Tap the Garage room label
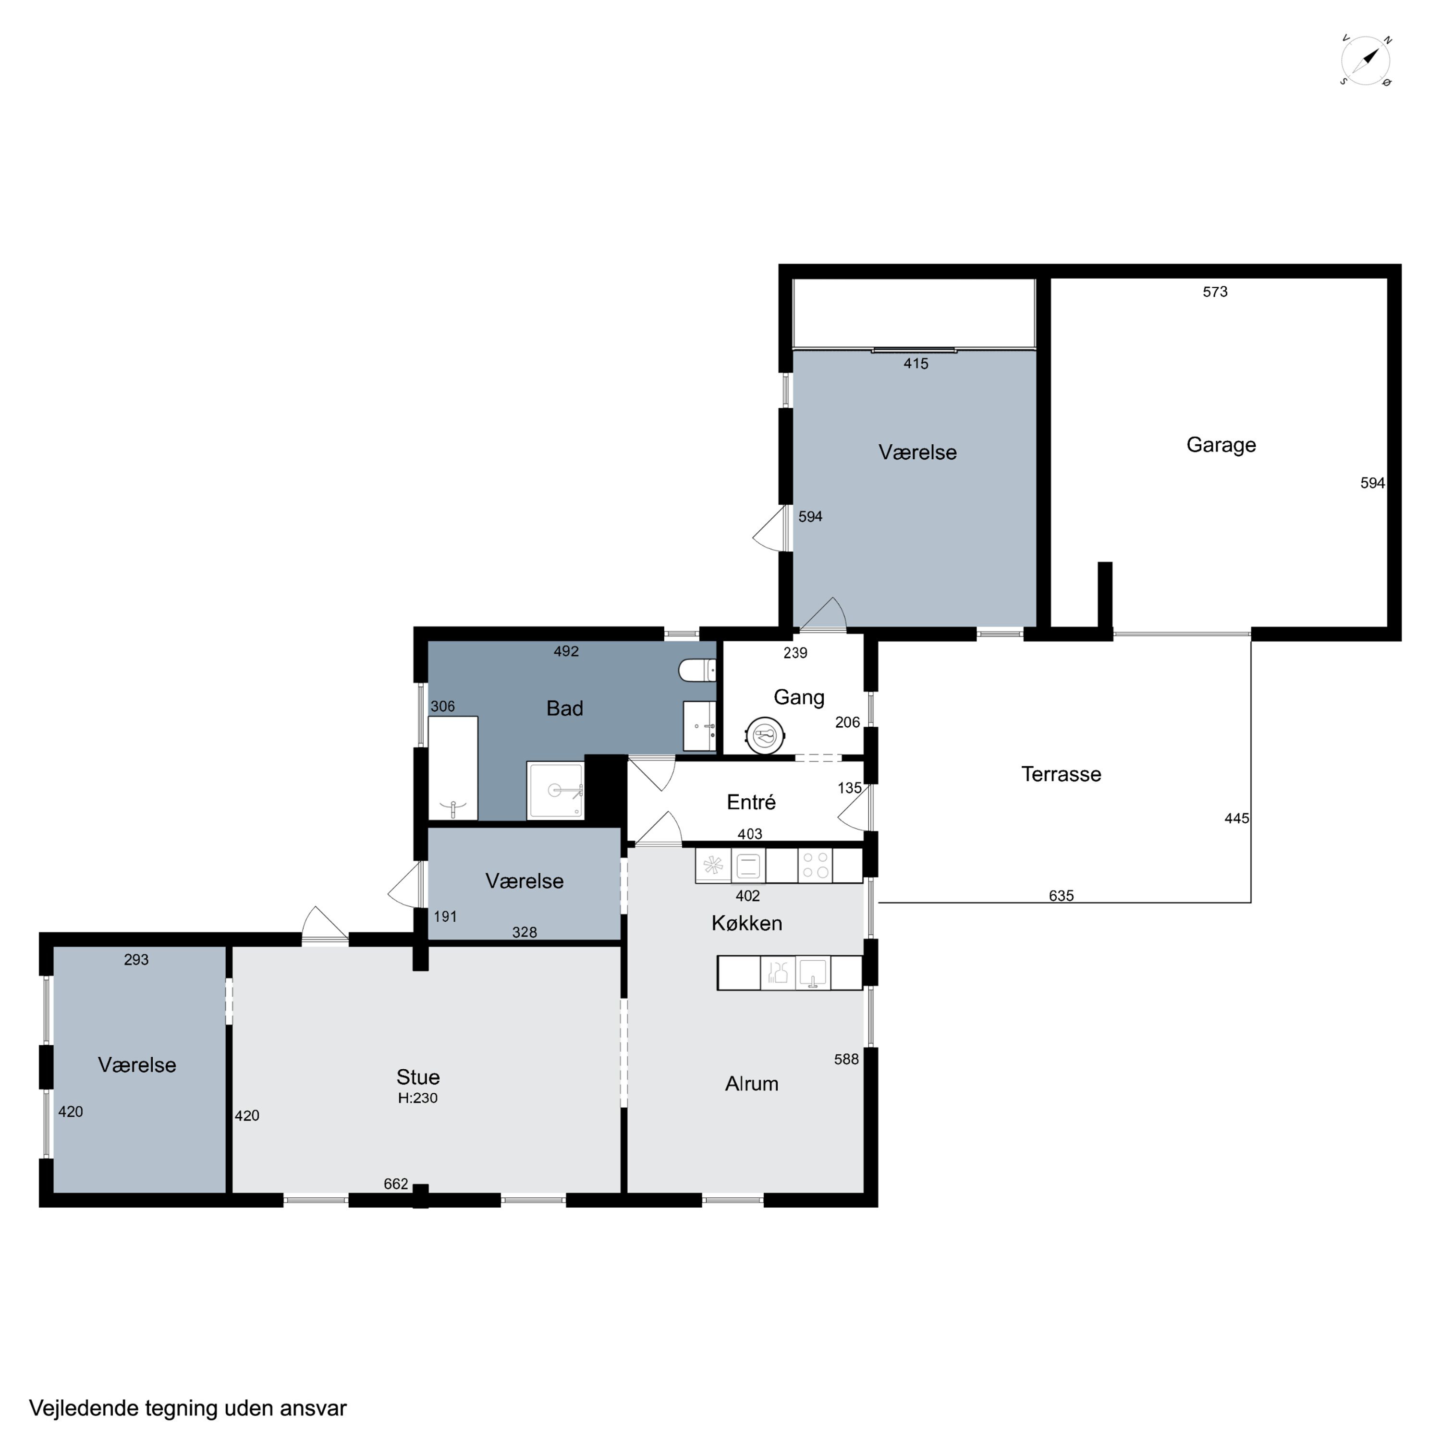click(x=1221, y=445)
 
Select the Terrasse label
click(x=1061, y=774)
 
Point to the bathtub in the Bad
click(x=453, y=768)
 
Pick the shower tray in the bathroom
click(x=555, y=791)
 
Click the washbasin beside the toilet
click(x=700, y=726)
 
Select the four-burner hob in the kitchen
click(x=815, y=865)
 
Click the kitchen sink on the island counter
click(x=813, y=973)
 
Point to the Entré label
click(x=751, y=803)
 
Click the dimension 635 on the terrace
click(x=1061, y=896)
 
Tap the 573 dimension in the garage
click(x=1215, y=292)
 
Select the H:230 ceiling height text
click(x=418, y=1098)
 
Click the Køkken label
click(x=746, y=923)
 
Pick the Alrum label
click(x=752, y=1084)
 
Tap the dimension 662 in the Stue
click(x=396, y=1184)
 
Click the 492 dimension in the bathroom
click(x=566, y=651)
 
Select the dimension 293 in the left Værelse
click(x=136, y=960)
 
